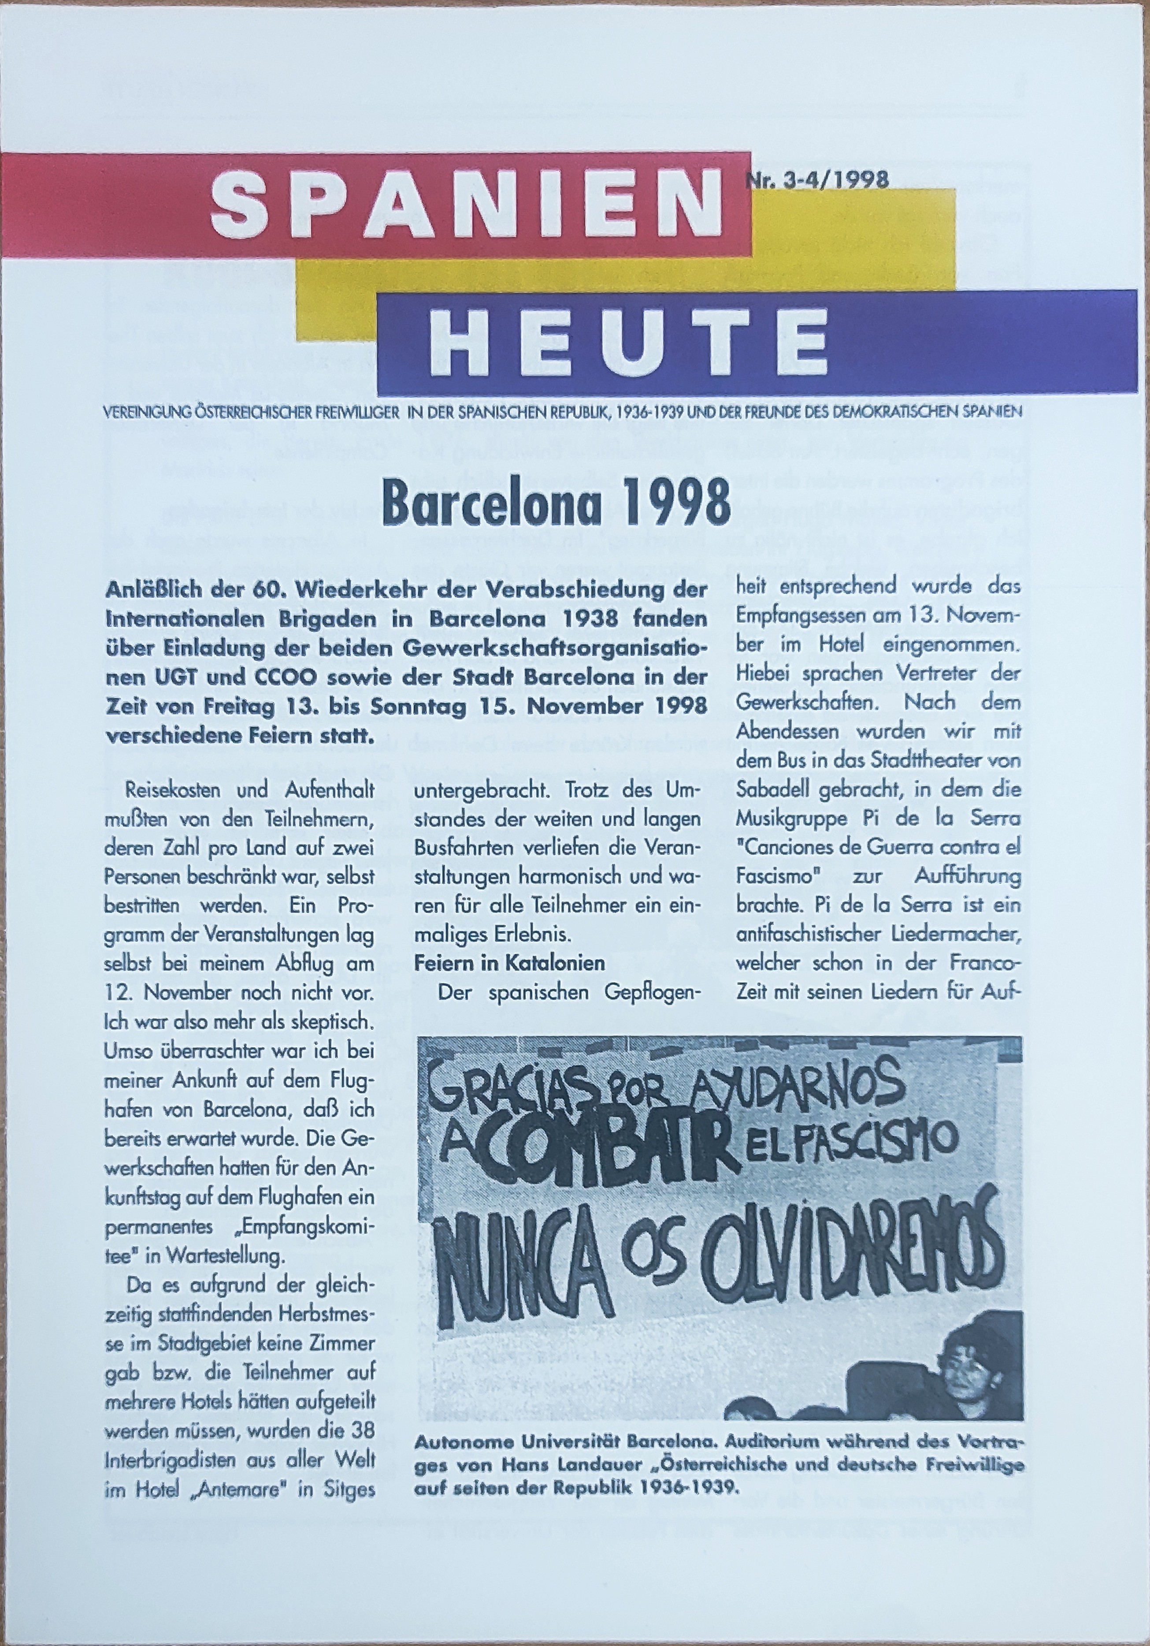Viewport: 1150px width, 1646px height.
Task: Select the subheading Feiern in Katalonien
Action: [x=509, y=963]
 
